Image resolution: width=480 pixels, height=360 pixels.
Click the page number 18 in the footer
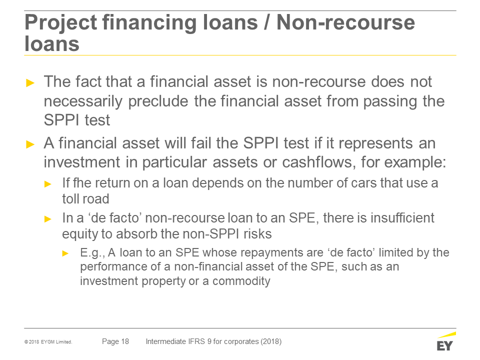125,341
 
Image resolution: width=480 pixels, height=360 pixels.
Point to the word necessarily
83,101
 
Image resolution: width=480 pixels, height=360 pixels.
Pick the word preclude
158,101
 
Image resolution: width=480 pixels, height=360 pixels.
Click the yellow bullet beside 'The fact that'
30,82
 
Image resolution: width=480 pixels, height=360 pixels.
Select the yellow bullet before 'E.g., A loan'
65,253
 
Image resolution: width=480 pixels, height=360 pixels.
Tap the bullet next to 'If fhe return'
48,184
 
